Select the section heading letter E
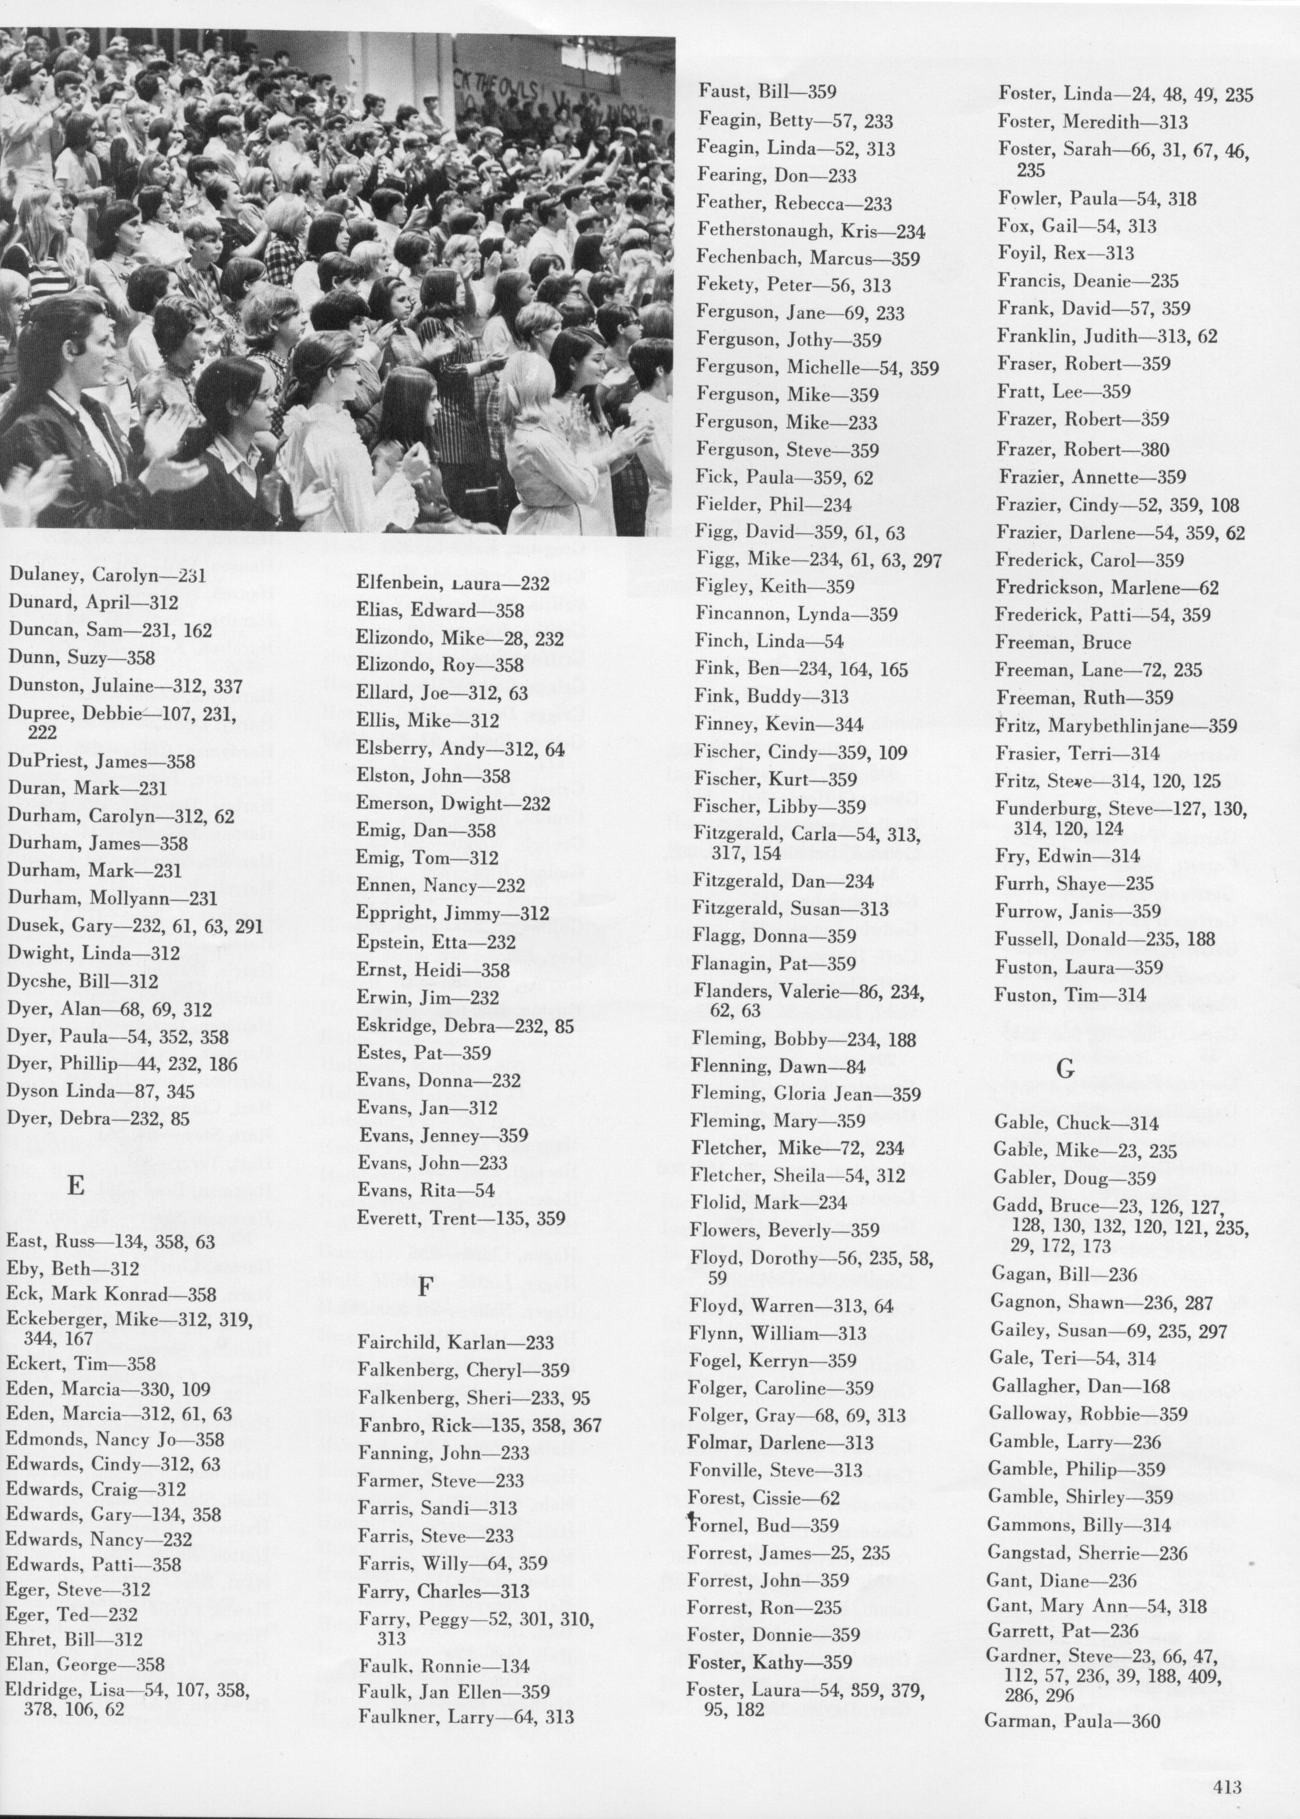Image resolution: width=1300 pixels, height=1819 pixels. click(x=76, y=1187)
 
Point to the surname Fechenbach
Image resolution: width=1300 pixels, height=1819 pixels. click(x=748, y=258)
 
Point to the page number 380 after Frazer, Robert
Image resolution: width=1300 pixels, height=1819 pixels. click(x=1155, y=449)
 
